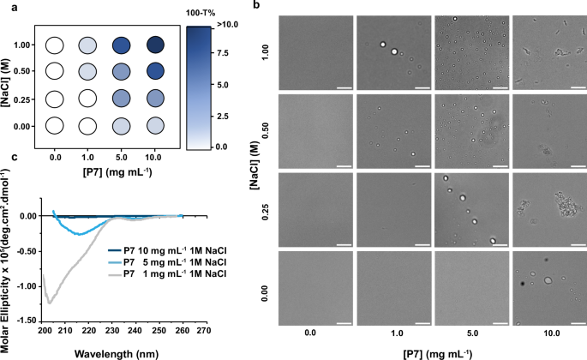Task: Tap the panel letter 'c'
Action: click(x=5, y=156)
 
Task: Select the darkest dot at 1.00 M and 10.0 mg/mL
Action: click(x=156, y=45)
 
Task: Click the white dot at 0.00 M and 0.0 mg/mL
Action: click(x=56, y=126)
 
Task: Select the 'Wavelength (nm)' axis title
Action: click(x=119, y=350)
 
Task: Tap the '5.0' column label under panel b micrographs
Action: click(x=470, y=329)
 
